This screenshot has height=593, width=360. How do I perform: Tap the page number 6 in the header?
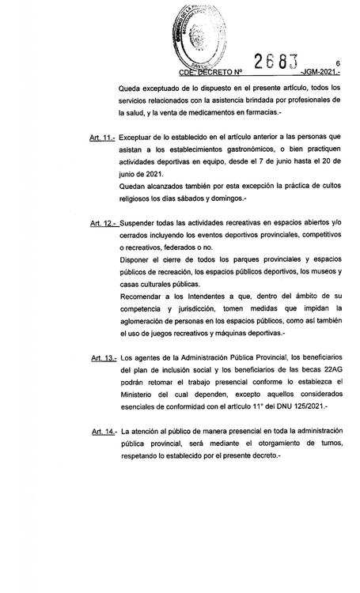[337, 63]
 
